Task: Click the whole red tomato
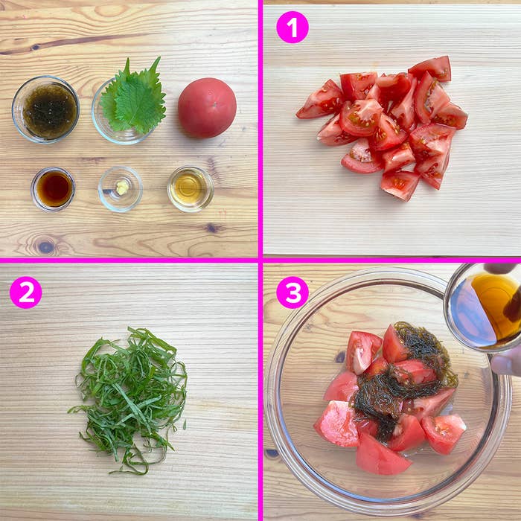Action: tap(207, 108)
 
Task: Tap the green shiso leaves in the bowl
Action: tap(133, 96)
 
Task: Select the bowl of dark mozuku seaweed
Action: tap(46, 109)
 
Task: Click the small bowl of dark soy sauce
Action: tap(53, 189)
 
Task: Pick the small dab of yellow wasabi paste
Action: tap(123, 188)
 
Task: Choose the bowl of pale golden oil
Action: tap(191, 189)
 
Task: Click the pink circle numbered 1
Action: tap(293, 28)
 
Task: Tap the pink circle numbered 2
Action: tap(25, 293)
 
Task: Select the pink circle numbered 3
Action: tap(293, 293)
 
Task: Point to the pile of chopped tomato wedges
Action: tap(382, 128)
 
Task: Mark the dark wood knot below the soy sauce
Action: tap(46, 247)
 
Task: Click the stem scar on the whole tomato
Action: tap(214, 104)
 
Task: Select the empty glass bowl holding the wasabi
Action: tap(121, 189)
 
